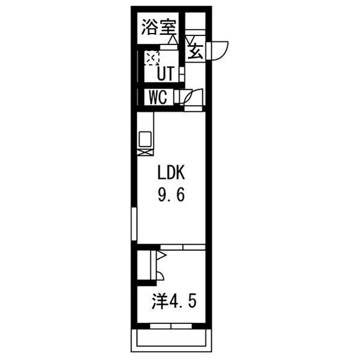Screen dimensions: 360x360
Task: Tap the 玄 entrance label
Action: coord(196,50)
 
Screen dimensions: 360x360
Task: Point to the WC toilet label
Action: coord(157,97)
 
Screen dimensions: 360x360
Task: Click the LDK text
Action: coord(173,174)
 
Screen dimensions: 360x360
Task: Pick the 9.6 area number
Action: coord(173,196)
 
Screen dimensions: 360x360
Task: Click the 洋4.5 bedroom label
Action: coord(174,301)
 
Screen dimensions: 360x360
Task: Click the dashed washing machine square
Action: coord(151,58)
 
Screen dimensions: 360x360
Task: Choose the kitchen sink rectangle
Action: coord(145,139)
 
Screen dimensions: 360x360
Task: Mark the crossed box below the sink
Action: coord(145,152)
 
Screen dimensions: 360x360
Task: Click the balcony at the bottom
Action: coord(173,340)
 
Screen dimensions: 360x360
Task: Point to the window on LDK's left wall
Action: coord(134,224)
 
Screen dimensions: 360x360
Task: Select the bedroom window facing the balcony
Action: coord(173,326)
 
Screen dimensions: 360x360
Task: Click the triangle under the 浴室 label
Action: coord(173,41)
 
